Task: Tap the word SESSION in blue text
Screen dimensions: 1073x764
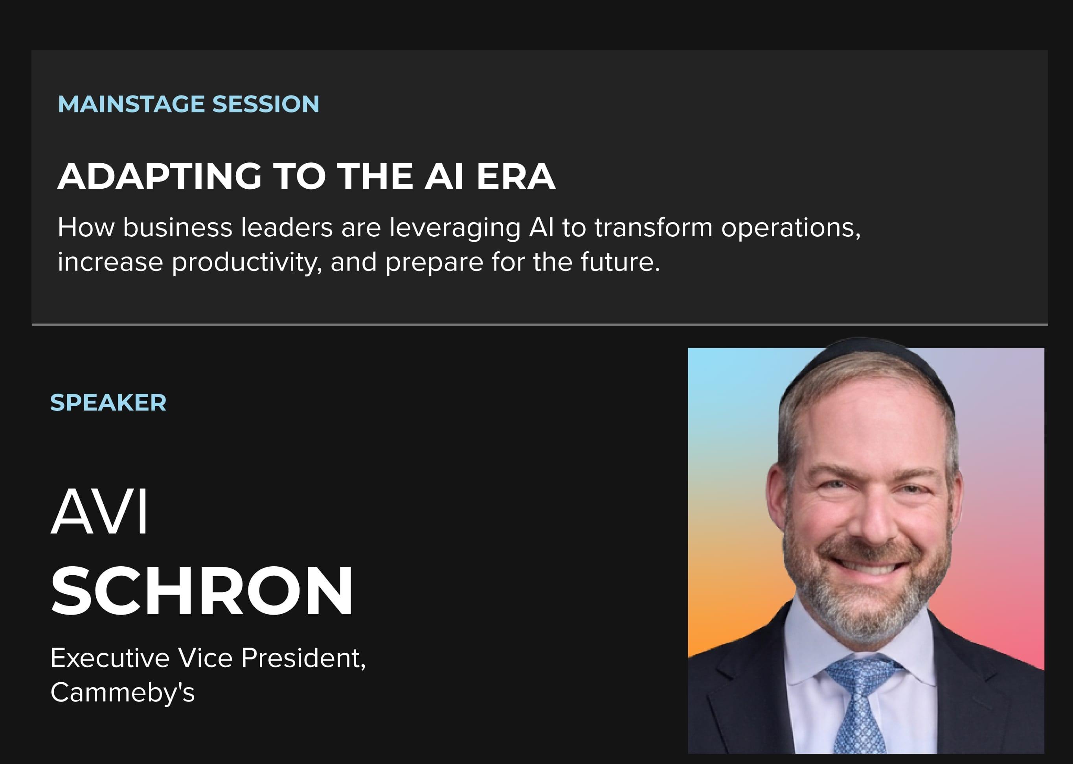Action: tap(266, 104)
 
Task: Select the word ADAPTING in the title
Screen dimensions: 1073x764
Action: tap(160, 177)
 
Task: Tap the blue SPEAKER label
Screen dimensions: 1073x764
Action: tap(108, 403)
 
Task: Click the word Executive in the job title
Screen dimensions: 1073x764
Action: tap(110, 658)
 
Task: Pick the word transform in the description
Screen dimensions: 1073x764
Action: tap(654, 228)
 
